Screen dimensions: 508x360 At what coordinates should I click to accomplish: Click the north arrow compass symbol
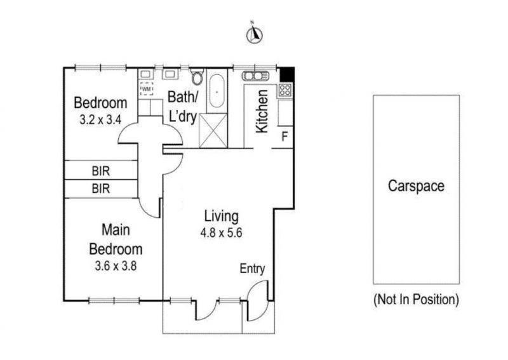pyautogui.click(x=255, y=35)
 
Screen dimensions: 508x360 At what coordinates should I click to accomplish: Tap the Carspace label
pyautogui.click(x=416, y=186)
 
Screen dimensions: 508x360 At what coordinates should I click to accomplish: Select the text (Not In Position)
pyautogui.click(x=416, y=300)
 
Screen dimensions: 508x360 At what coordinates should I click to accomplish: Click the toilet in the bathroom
pyautogui.click(x=197, y=77)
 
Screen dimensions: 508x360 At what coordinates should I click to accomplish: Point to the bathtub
pyautogui.click(x=216, y=91)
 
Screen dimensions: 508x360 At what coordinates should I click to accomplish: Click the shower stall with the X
pyautogui.click(x=213, y=130)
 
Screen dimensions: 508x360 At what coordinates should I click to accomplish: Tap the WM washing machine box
pyautogui.click(x=146, y=88)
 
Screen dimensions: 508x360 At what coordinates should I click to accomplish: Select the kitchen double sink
pyautogui.click(x=255, y=76)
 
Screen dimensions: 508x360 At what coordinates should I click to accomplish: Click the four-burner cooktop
pyautogui.click(x=285, y=90)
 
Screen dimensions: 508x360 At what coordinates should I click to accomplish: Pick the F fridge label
pyautogui.click(x=284, y=137)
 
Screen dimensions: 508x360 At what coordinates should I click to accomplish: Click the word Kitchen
pyautogui.click(x=262, y=111)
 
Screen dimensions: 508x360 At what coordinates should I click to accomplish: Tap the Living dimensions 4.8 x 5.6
pyautogui.click(x=221, y=232)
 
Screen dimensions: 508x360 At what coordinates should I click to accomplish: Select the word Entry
pyautogui.click(x=252, y=269)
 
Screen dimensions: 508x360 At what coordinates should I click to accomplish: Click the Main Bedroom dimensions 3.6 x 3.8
pyautogui.click(x=116, y=266)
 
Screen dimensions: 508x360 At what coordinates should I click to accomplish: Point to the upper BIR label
pyautogui.click(x=101, y=171)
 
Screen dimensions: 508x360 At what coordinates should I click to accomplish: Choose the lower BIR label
pyautogui.click(x=101, y=189)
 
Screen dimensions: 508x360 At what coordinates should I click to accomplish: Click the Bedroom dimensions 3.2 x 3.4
pyautogui.click(x=100, y=120)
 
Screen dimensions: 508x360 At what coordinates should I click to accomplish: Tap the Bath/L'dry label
pyautogui.click(x=183, y=107)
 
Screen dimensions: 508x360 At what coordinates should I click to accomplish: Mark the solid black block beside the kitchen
pyautogui.click(x=287, y=75)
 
